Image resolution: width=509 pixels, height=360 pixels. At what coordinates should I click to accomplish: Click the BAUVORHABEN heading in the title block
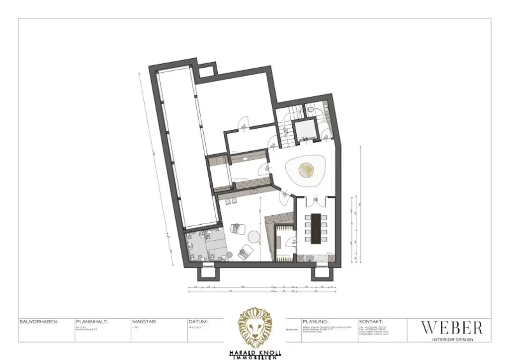coord(38,322)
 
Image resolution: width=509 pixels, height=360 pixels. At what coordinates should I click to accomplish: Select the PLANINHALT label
coord(91,322)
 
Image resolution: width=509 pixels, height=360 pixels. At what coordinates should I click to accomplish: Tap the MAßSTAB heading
coord(145,322)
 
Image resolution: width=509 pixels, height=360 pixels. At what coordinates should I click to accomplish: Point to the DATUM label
coord(198,322)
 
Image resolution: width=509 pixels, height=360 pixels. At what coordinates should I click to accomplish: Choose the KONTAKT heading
coord(370,322)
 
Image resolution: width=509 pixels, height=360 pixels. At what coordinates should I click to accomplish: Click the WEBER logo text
coord(451,328)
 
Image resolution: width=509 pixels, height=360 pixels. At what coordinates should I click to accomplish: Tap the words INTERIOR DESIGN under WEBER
coord(451,340)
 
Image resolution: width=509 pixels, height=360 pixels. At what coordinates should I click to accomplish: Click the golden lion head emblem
coord(254,326)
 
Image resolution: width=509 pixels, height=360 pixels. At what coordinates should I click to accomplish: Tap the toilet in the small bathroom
coord(310,110)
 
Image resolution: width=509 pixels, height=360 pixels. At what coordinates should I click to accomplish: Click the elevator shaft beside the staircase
coord(303,132)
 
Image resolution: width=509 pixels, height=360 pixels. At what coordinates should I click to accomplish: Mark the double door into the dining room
coord(314,201)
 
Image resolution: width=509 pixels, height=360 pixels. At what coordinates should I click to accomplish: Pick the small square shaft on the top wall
coord(206,72)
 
